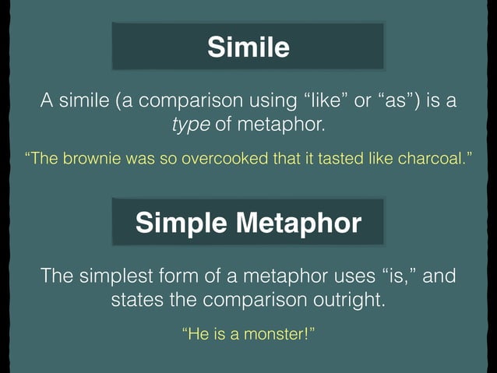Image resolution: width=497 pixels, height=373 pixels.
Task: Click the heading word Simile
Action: (x=248, y=48)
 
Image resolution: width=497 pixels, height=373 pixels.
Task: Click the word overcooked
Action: (x=222, y=159)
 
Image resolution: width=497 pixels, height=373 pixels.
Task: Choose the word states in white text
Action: (x=136, y=299)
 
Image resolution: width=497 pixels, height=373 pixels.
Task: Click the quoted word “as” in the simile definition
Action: (x=403, y=102)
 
